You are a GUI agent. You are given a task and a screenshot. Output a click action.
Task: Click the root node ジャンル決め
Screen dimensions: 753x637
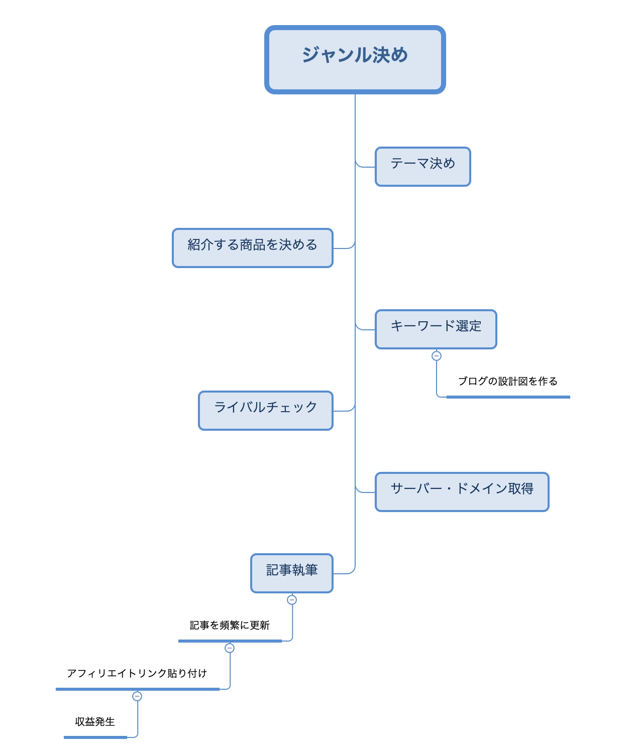(x=355, y=59)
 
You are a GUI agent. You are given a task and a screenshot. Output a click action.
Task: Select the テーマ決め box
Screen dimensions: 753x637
(x=422, y=167)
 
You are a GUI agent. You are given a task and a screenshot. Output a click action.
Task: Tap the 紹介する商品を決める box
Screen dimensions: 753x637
(x=252, y=248)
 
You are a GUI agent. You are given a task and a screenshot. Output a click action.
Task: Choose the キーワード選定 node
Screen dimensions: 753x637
(x=436, y=329)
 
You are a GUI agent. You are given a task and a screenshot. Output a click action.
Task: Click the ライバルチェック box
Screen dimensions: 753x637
(x=265, y=411)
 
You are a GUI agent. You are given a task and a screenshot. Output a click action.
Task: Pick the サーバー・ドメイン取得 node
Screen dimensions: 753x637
(x=462, y=492)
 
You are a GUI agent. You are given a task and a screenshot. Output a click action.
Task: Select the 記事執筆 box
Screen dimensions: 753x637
(x=291, y=573)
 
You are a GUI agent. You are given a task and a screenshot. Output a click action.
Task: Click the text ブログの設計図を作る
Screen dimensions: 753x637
(x=507, y=382)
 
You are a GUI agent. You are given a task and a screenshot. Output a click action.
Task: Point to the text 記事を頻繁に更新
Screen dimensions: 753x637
(x=230, y=625)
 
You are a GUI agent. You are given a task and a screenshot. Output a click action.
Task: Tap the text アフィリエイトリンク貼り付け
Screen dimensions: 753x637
(x=137, y=674)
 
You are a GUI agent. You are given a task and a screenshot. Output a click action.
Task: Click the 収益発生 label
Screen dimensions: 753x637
(x=95, y=722)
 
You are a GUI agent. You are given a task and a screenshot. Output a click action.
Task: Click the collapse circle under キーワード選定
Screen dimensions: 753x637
(x=437, y=356)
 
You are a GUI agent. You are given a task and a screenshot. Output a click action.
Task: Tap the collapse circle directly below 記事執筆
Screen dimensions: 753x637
(x=292, y=600)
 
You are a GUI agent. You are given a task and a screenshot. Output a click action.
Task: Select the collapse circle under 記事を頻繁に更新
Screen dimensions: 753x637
(x=230, y=648)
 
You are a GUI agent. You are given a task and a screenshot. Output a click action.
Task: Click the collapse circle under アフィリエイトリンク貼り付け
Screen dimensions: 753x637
(x=137, y=696)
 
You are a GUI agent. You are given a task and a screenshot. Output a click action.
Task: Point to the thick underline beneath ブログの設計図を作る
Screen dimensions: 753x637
(x=508, y=397)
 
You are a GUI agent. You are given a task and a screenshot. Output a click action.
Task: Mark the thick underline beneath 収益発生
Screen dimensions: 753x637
(x=95, y=737)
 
